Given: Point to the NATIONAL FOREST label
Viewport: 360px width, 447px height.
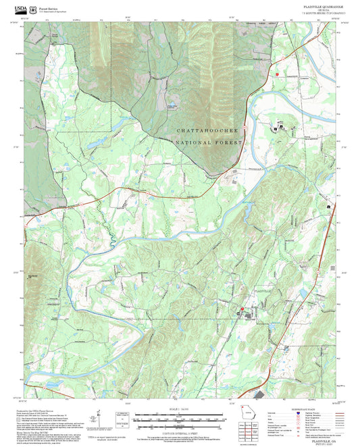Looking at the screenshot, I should (207, 143).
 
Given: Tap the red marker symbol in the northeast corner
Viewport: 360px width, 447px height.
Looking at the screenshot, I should (277, 73).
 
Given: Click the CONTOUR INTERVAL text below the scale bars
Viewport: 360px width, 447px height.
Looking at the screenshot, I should (180, 429).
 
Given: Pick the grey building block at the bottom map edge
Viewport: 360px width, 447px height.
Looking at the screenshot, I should (259, 394).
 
